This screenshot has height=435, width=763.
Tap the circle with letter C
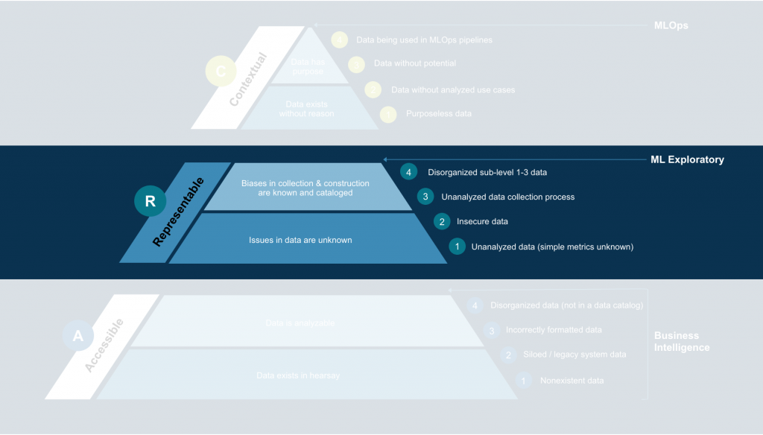point(220,72)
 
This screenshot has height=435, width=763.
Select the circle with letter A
point(78,336)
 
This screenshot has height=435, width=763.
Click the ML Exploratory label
point(686,159)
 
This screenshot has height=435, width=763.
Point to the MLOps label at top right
point(671,25)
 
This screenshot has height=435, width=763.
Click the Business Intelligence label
point(682,342)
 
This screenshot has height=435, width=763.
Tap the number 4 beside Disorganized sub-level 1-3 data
point(408,172)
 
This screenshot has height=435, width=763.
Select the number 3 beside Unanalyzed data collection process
point(425,197)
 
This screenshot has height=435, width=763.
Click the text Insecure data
point(482,221)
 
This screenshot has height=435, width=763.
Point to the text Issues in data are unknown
point(300,240)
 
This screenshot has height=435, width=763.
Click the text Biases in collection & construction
point(295,182)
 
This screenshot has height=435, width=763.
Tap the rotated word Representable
point(178,212)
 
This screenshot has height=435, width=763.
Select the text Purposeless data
point(438,114)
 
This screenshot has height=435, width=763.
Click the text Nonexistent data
point(572,381)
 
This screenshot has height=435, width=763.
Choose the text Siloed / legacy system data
point(574,355)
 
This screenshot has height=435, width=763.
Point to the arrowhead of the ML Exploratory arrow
point(385,159)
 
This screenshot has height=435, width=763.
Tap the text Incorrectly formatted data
point(554,330)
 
